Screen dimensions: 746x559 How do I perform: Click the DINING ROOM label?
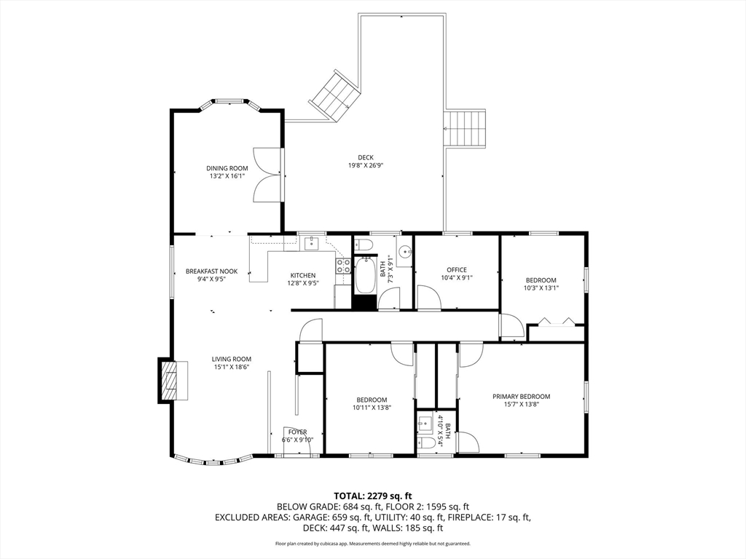[227, 168]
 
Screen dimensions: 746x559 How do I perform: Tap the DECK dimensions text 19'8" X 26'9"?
[366, 165]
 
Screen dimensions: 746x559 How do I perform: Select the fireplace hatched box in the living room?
[168, 381]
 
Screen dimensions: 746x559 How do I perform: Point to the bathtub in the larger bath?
[365, 275]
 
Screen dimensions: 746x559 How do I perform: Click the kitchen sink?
[312, 243]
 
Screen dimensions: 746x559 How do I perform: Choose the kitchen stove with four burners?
[343, 266]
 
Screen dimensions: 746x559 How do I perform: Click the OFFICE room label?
[457, 270]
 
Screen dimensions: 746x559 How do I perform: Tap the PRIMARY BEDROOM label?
[521, 397]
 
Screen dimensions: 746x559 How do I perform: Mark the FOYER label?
[297, 432]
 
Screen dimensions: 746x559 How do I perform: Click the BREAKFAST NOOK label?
[211, 271]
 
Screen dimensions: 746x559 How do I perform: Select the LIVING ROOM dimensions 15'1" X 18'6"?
[232, 367]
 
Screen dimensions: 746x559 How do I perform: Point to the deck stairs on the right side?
[465, 130]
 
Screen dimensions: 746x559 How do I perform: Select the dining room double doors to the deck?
[267, 176]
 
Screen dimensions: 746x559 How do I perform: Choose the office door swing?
[429, 298]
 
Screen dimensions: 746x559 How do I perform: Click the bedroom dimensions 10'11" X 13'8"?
[372, 408]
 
